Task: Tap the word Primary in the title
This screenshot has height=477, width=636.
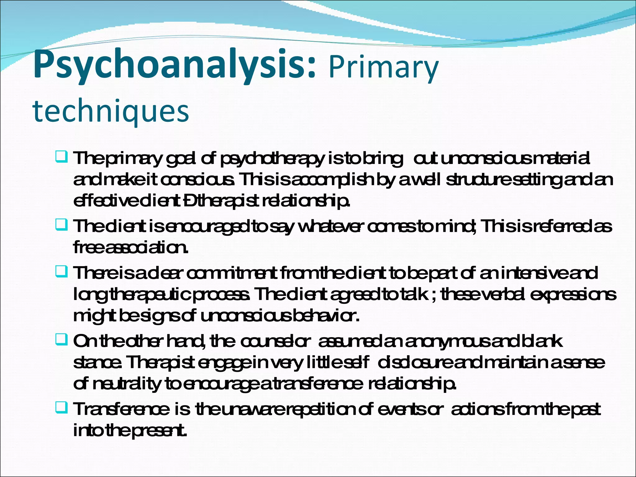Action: tap(383, 67)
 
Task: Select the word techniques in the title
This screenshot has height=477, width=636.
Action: tap(111, 111)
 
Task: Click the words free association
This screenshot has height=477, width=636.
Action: tap(130, 248)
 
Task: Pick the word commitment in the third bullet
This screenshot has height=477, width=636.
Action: tap(232, 273)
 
